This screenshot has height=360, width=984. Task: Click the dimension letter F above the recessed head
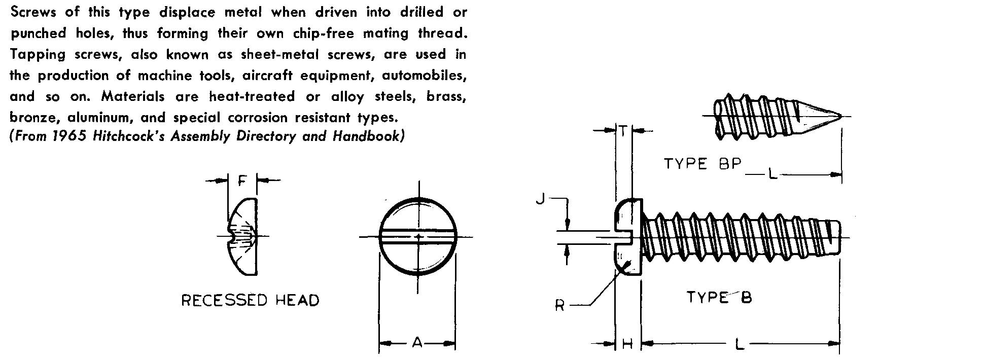[x=243, y=179]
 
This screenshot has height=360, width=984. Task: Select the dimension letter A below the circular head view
[x=417, y=343]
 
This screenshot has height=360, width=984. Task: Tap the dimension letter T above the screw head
[x=623, y=131]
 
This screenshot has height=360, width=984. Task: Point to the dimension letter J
[x=541, y=199]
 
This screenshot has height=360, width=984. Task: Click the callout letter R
[x=560, y=305]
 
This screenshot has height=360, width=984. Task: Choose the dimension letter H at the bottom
[x=627, y=344]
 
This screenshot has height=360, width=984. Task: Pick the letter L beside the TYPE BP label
[x=772, y=174]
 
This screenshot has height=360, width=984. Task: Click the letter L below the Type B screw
[x=740, y=344]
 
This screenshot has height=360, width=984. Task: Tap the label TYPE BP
[x=703, y=164]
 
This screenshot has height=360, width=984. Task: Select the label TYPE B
[x=719, y=297]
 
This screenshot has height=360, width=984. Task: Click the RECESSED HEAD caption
[x=251, y=300]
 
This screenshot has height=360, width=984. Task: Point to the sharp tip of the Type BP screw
[x=841, y=116]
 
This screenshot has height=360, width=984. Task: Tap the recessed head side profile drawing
[x=243, y=236]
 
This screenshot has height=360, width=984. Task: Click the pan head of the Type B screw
[x=628, y=237]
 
